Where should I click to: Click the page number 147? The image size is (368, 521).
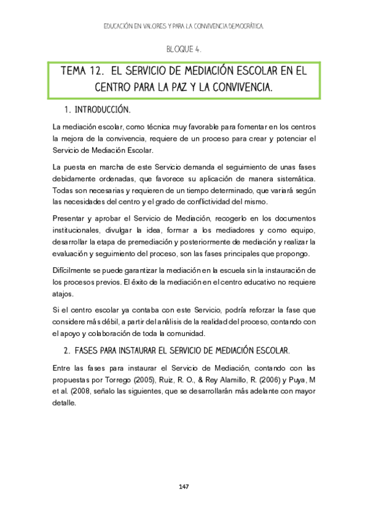tap(183, 487)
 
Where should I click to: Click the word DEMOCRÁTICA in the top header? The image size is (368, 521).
tap(241, 26)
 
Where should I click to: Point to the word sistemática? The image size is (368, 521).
tap(296, 179)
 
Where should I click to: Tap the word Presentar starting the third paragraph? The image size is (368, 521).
tap(71, 218)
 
